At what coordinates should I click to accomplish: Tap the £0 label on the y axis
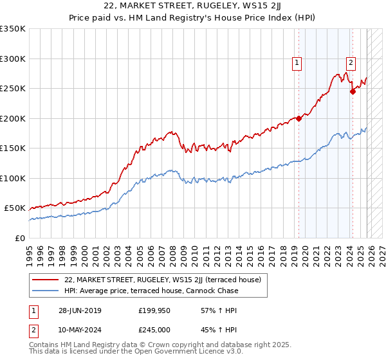[21, 239]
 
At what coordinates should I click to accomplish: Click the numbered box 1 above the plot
[297, 62]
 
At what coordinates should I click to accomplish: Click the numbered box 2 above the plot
[351, 62]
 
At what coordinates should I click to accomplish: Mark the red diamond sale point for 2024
[353, 92]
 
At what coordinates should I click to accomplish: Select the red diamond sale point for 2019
[299, 118]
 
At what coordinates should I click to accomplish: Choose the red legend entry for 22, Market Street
[162, 280]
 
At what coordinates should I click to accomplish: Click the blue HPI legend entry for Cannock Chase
[151, 291]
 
